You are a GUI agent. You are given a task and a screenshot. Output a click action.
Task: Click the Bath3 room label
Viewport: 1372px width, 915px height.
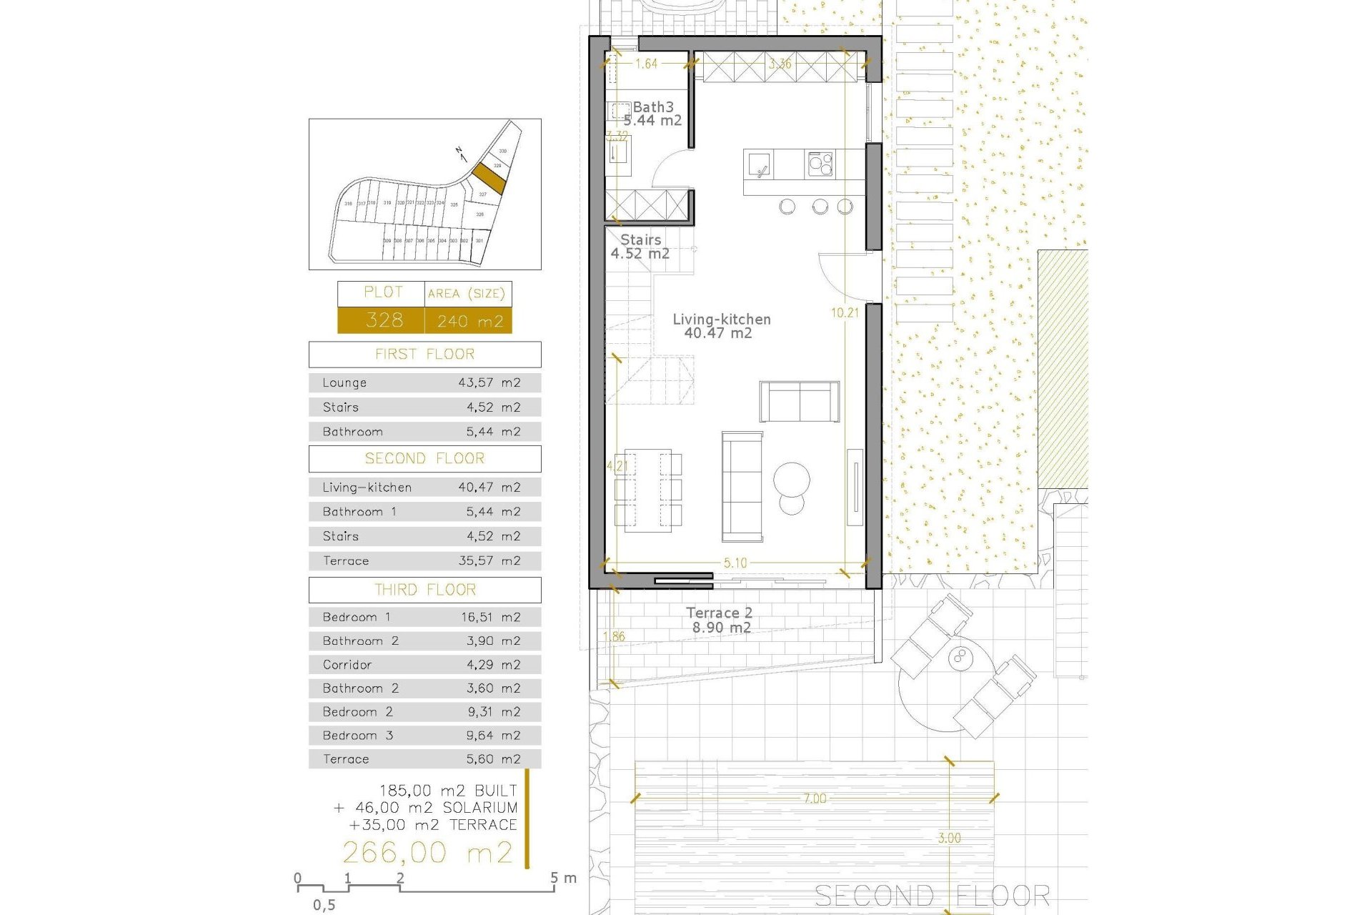(652, 107)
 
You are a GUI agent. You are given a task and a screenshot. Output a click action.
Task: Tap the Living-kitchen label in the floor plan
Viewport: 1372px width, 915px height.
(721, 320)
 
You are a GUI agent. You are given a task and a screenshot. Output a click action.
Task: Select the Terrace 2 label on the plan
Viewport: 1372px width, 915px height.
(719, 613)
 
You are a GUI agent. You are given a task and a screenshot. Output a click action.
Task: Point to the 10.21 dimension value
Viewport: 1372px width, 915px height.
(845, 312)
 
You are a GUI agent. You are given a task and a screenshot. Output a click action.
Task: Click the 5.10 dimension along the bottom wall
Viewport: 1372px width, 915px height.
(735, 563)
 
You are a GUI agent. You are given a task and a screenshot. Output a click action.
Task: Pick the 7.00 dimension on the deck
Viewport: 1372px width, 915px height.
(815, 798)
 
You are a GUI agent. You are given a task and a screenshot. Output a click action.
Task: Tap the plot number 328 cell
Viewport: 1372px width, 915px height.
(384, 320)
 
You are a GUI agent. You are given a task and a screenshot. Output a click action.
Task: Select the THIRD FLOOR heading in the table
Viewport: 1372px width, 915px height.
(425, 590)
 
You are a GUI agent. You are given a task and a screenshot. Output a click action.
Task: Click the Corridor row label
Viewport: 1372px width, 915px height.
(347, 665)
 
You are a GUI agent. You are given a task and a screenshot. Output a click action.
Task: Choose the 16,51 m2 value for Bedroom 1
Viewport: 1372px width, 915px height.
(490, 617)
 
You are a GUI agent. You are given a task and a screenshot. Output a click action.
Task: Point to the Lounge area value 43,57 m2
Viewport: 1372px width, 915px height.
(489, 382)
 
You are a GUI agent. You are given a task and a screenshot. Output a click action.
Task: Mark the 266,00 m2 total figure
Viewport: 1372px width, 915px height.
(427, 852)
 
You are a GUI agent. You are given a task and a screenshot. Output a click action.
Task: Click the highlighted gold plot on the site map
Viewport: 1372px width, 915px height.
(489, 177)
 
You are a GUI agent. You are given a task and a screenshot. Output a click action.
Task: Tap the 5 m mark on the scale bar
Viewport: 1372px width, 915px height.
(555, 879)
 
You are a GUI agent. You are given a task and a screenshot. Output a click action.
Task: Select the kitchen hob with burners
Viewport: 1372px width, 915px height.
(820, 164)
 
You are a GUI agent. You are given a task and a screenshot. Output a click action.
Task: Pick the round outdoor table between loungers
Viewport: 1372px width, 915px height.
(958, 657)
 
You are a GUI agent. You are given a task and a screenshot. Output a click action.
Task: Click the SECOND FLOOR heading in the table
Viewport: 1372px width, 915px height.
(425, 459)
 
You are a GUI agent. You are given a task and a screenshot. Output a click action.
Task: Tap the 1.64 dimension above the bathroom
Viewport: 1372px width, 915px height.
(646, 64)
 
